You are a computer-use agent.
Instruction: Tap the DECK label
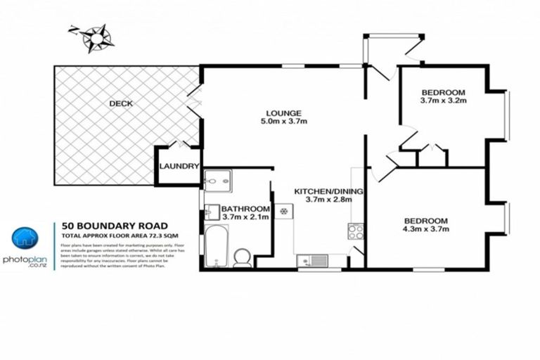tap(121, 104)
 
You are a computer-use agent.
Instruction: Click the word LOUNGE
tap(283, 112)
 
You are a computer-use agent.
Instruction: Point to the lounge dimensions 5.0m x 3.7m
tap(283, 122)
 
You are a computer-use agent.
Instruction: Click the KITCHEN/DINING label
tap(323, 191)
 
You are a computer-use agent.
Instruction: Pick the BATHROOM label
tap(245, 210)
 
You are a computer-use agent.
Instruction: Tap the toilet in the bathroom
tap(242, 257)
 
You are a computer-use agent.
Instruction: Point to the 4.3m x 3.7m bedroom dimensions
tap(426, 229)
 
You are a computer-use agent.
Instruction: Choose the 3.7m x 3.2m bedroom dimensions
tap(444, 101)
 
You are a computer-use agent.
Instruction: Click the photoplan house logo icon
tap(26, 239)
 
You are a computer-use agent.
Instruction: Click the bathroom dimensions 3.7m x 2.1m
tap(245, 219)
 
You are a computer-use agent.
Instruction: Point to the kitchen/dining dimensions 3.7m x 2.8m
tap(323, 200)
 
